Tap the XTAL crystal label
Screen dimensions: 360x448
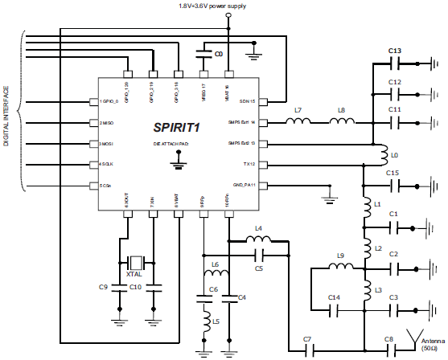pos(135,275)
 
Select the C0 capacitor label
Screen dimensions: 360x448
pos(218,54)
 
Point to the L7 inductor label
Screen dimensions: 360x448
pos(298,109)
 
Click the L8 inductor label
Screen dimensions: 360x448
pos(342,109)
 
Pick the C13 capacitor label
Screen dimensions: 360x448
pos(394,51)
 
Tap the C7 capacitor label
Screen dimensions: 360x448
pos(307,339)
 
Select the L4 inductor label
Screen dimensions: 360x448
pos(258,229)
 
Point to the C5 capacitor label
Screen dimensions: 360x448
pos(259,268)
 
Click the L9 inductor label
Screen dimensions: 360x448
pos(339,256)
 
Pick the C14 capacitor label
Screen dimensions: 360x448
pos(334,297)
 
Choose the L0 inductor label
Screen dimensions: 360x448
pos(393,153)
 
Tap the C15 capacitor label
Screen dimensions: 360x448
pos(393,173)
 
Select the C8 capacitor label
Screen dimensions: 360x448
pos(388,339)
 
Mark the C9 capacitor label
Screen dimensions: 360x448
pos(103,287)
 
